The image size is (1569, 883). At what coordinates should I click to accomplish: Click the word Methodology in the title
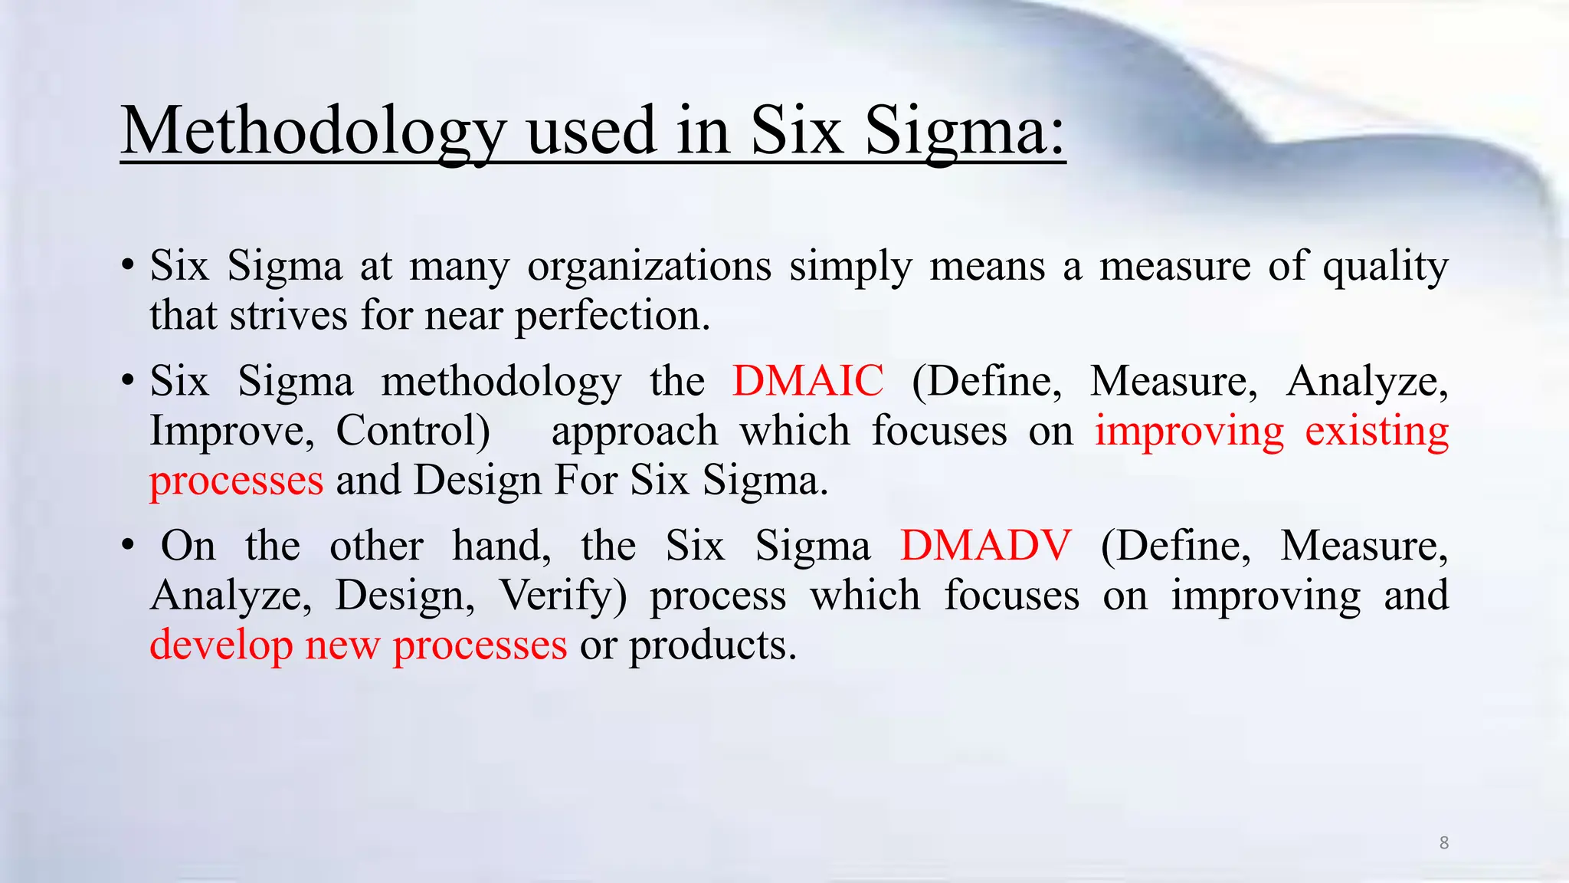coord(313,132)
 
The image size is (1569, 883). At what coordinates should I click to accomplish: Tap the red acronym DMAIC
coord(807,381)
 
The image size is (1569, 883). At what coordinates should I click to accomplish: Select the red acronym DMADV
coord(985,546)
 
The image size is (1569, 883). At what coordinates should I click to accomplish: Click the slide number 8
coord(1443,843)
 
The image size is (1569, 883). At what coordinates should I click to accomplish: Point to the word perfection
coord(612,316)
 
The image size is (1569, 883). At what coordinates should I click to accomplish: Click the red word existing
coord(1377,431)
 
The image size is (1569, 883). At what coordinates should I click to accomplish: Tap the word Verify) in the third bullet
coord(563,596)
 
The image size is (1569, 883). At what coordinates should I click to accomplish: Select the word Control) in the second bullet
coord(413,431)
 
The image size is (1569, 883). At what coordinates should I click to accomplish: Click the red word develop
coord(221,645)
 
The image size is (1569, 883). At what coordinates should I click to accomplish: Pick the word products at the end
coord(712,645)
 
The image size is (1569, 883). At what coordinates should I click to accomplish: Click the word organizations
coord(649,267)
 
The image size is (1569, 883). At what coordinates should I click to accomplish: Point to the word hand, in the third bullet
coord(501,546)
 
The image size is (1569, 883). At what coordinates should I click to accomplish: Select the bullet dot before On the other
coord(129,547)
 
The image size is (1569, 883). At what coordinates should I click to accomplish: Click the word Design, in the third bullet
coord(405,596)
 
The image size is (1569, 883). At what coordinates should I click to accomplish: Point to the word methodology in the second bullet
coord(501,381)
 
